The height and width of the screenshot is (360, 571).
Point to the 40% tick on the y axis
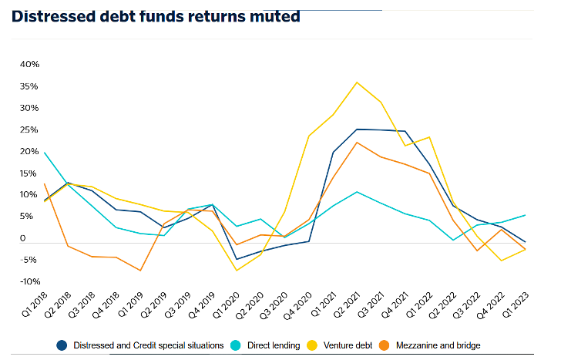[29, 65]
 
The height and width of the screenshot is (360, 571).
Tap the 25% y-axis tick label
[29, 130]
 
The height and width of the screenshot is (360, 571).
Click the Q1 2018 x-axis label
[35, 304]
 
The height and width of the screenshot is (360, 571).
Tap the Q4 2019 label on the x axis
[202, 304]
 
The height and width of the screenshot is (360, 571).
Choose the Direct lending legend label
[274, 345]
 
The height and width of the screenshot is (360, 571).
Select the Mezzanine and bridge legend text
[438, 345]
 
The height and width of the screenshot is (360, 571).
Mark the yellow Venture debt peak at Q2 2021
[356, 82]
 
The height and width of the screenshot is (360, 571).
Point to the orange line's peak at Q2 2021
[357, 143]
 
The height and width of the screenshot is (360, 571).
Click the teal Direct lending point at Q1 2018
[45, 153]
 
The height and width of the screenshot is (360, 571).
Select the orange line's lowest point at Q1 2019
[141, 270]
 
